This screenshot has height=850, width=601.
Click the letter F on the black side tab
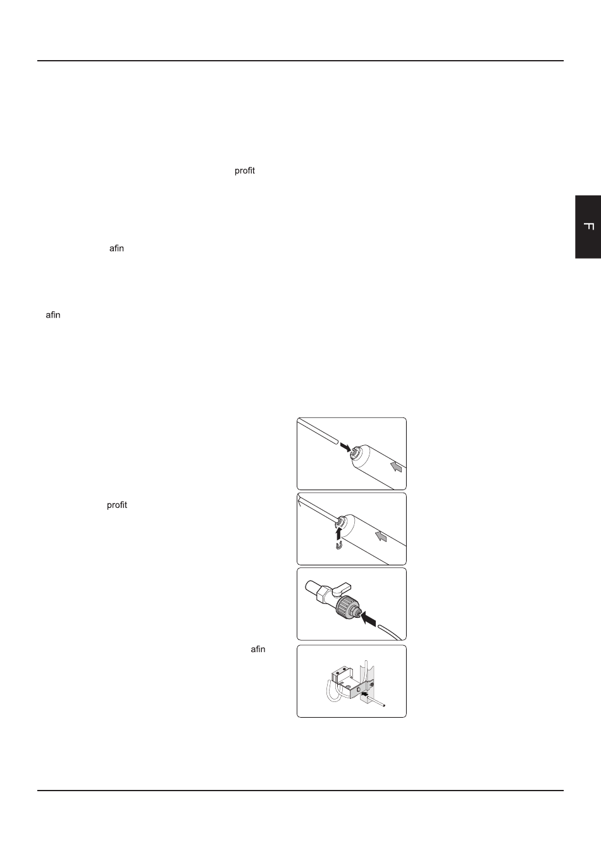click(x=589, y=226)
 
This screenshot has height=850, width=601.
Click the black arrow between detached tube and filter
click(x=345, y=447)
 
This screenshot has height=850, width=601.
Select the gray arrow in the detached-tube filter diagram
click(x=396, y=466)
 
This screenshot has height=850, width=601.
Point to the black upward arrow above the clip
click(x=338, y=532)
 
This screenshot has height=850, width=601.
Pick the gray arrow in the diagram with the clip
click(x=381, y=536)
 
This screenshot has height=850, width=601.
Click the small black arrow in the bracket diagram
click(x=365, y=693)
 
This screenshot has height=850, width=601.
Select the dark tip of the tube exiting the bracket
click(x=384, y=706)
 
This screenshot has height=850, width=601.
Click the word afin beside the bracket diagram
click(x=258, y=650)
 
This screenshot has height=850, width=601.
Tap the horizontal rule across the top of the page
click(x=300, y=61)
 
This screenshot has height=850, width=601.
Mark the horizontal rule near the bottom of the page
click(x=300, y=791)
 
